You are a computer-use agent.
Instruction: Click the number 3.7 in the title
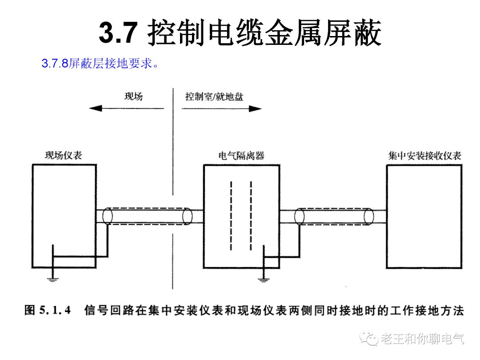click(116, 32)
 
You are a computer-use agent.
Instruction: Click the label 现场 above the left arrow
click(133, 96)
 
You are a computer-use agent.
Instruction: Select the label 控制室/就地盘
click(214, 96)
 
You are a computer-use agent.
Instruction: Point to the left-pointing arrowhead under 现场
click(95, 108)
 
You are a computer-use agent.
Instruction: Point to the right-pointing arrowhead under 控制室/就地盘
click(256, 108)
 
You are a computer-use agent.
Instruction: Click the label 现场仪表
click(64, 156)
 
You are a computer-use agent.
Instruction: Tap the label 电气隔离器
click(241, 156)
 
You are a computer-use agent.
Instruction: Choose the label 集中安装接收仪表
click(424, 156)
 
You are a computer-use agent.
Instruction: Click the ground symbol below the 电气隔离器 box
click(264, 279)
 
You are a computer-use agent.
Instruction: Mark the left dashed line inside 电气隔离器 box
click(231, 216)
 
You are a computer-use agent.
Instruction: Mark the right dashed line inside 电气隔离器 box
click(251, 216)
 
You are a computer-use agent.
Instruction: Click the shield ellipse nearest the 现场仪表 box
click(107, 216)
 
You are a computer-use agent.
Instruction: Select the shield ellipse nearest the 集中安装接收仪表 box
click(368, 216)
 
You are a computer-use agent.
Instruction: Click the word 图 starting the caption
click(30, 310)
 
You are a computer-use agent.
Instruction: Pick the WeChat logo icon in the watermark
click(370, 339)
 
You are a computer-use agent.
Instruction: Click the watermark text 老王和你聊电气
click(422, 340)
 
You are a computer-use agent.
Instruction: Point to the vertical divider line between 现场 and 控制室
click(172, 187)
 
